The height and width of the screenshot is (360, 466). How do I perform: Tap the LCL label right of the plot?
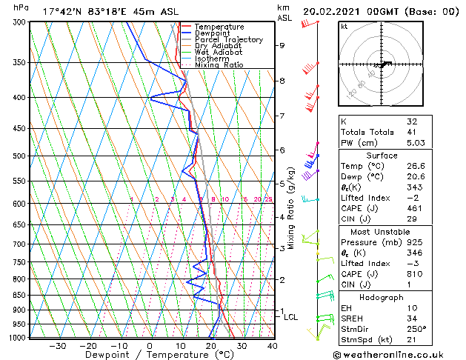click(x=291, y=317)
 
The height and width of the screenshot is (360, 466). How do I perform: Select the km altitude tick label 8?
click(x=282, y=80)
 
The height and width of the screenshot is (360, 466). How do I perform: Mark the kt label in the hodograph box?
click(x=344, y=26)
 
